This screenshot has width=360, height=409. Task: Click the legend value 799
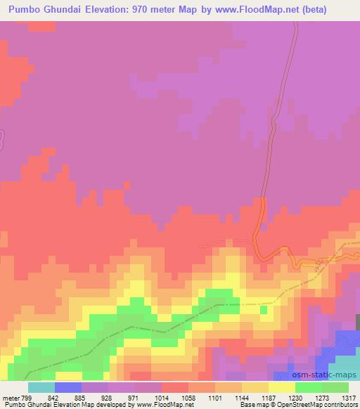coord(27,398)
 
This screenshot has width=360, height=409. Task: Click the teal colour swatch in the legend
coord(41,387)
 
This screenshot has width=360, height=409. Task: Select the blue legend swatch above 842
coord(67,387)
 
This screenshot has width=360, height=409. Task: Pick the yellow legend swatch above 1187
coord(282,387)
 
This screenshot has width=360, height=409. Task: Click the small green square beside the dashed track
coord(264,309)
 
